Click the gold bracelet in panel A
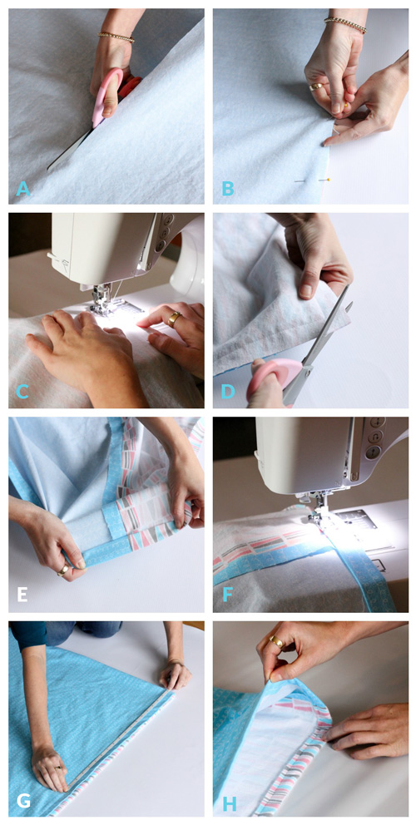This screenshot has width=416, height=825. (x=116, y=37)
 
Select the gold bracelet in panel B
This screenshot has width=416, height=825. (x=346, y=23)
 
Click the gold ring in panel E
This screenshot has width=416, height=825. (x=64, y=571)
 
